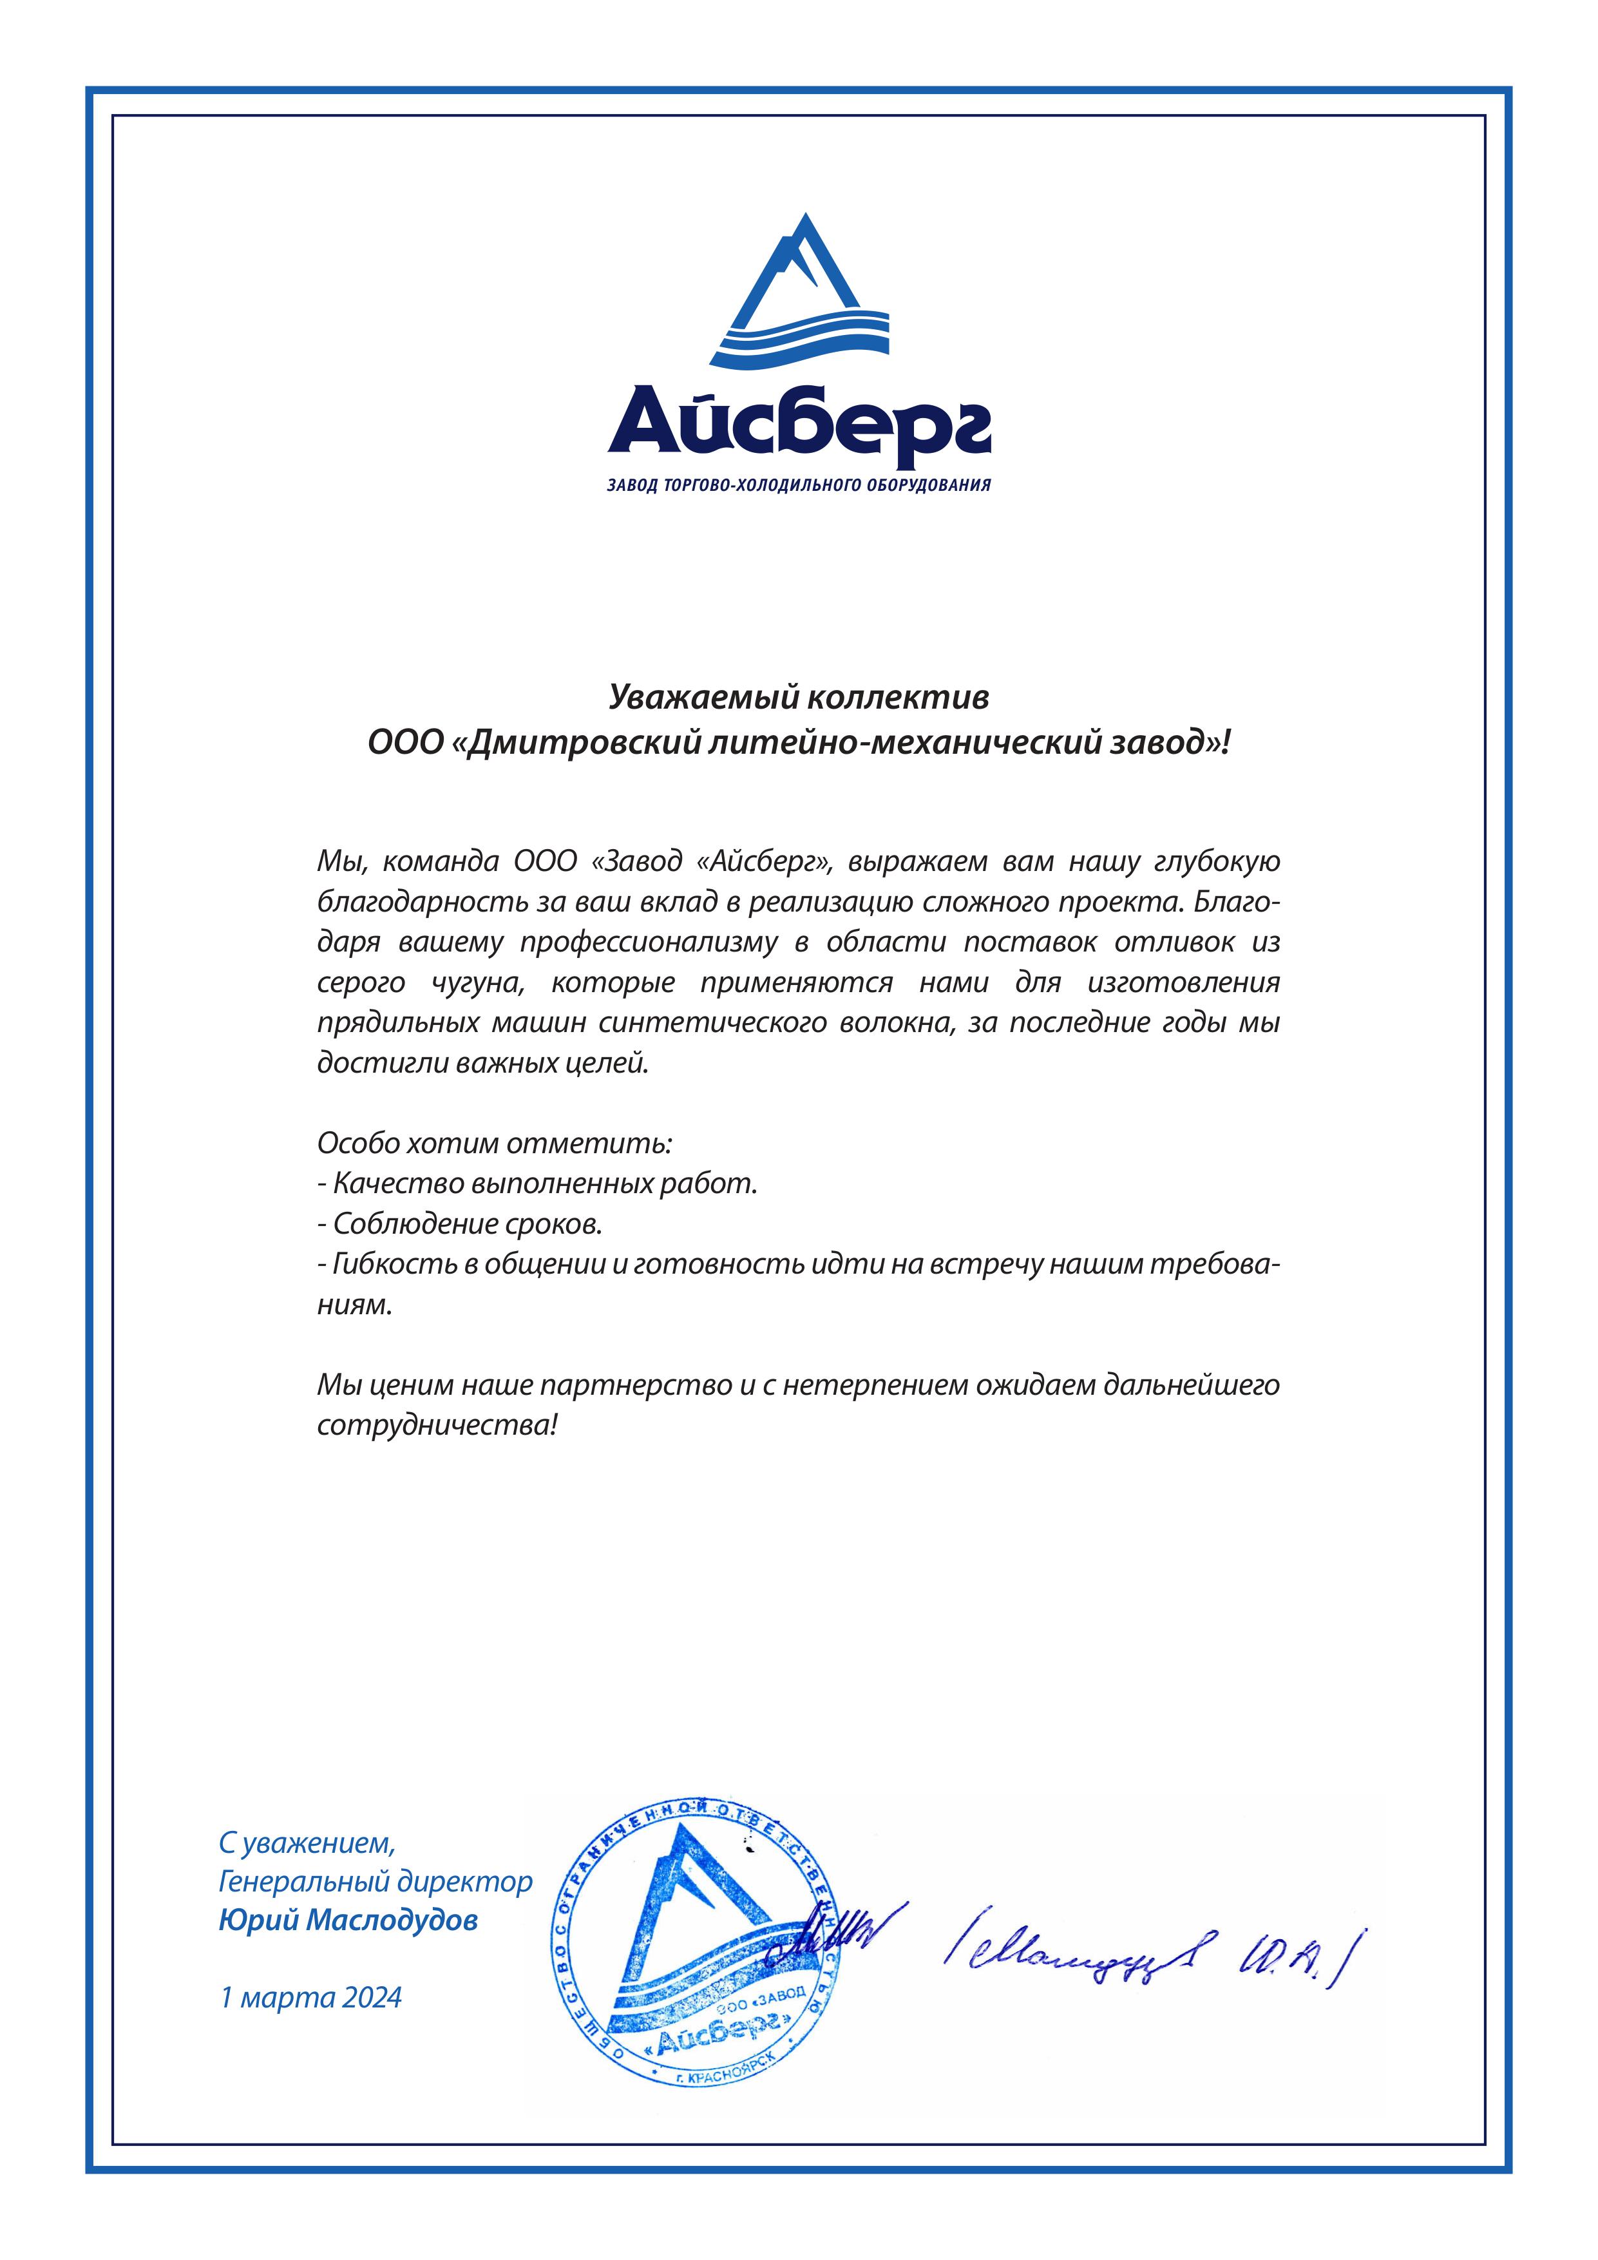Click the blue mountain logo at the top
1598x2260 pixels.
(798, 291)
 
